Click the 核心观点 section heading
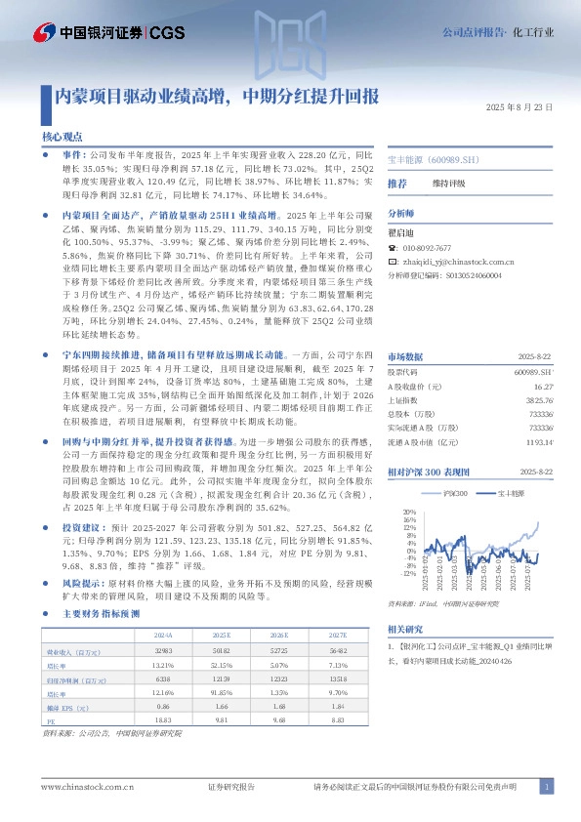[x=62, y=139]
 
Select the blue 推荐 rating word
[x=397, y=183]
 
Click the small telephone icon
[x=393, y=249]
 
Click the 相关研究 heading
[x=405, y=629]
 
